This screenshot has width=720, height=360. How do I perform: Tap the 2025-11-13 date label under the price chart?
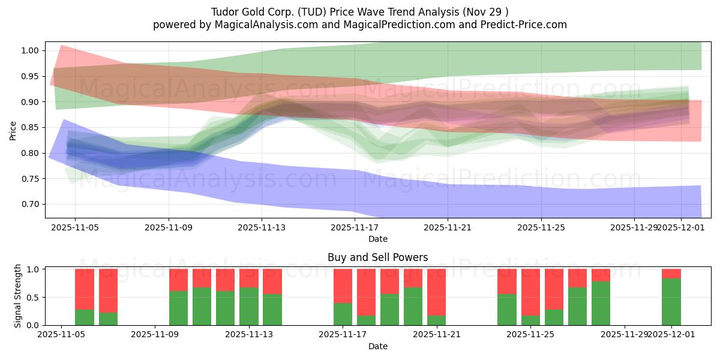(x=262, y=227)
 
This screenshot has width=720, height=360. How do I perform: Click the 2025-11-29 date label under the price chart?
(x=634, y=227)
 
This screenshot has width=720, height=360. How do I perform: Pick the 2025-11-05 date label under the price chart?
(x=75, y=227)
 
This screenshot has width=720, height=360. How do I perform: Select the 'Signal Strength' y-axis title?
(x=18, y=296)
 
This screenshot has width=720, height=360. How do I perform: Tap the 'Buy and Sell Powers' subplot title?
(x=377, y=257)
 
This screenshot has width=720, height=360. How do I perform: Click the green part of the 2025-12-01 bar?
(x=671, y=302)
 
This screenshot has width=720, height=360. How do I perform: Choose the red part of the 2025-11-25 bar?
(x=530, y=292)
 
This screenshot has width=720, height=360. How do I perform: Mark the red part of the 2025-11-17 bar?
(x=343, y=286)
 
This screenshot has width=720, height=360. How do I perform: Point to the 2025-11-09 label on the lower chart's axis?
(x=155, y=334)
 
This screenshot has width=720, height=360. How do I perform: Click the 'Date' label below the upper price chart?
(x=377, y=239)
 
